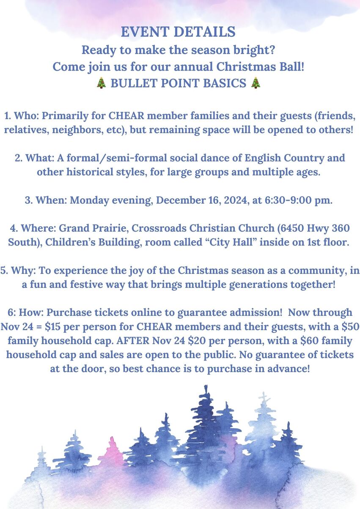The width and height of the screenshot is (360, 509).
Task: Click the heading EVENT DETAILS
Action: pyautogui.click(x=178, y=32)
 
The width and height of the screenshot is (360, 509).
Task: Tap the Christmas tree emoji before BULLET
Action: pyautogui.click(x=101, y=82)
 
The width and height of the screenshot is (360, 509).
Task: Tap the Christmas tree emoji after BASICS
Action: pyautogui.click(x=256, y=82)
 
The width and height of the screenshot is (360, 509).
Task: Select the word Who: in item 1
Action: pyautogui.click(x=27, y=116)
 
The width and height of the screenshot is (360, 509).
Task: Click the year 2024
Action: pyautogui.click(x=236, y=200)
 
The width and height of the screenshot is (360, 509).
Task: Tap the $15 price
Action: pyautogui.click(x=53, y=327)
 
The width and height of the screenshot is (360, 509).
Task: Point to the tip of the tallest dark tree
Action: pyautogui.click(x=206, y=386)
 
